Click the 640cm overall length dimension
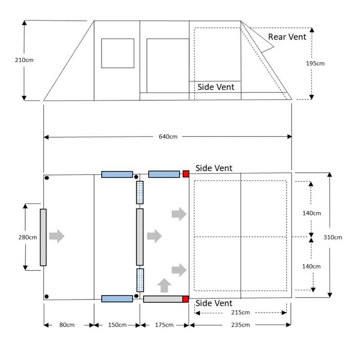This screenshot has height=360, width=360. tap(167, 137)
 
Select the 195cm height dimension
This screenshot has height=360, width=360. tap(315, 63)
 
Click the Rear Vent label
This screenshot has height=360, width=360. tap(287, 36)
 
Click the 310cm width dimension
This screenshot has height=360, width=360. tap(333, 237)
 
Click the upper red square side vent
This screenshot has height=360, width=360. tap(185, 174)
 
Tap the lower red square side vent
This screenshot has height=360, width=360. tap(185, 299)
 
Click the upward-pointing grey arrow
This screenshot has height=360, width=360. tap(165, 285)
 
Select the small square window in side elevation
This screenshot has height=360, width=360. tap(117, 53)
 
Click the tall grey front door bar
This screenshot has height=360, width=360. tap(43, 237)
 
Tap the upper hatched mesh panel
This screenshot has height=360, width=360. tap(140, 192)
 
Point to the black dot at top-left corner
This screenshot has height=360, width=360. tap(47, 178)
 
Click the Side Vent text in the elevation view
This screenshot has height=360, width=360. tap(216, 87)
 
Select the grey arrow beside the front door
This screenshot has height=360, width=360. tap(57, 236)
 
